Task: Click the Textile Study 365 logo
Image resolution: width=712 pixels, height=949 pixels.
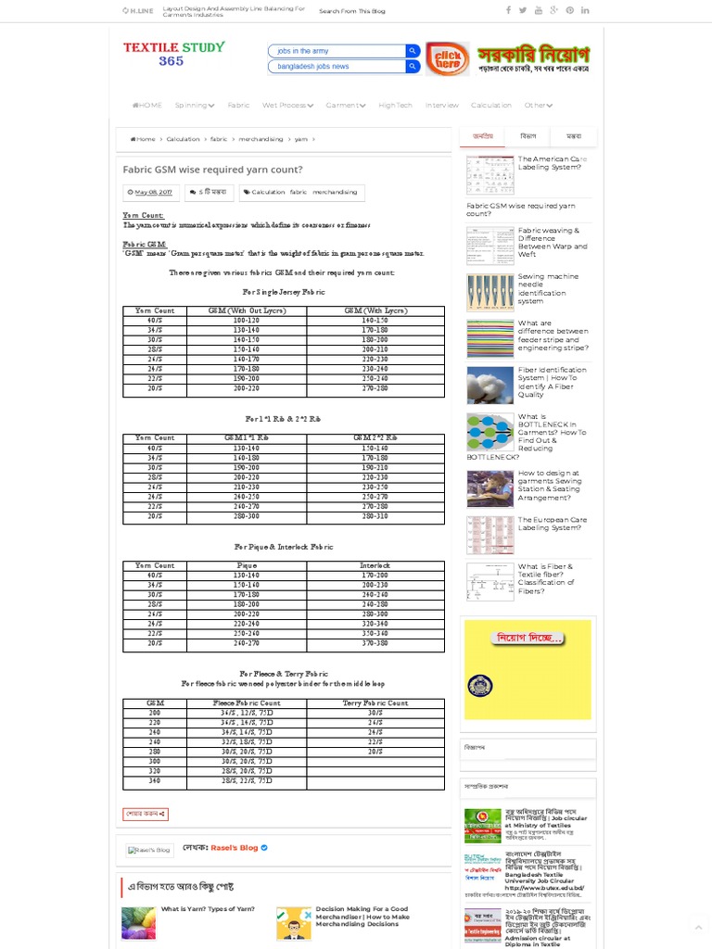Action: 173,54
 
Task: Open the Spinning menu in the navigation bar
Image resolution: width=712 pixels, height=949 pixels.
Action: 195,106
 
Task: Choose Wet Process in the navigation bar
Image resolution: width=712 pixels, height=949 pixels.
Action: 288,106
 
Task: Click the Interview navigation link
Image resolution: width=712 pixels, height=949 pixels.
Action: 441,106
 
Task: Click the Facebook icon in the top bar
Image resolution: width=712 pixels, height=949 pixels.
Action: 508,10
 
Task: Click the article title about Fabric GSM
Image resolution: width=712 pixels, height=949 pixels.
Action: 212,171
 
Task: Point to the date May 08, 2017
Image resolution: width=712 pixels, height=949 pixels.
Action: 153,192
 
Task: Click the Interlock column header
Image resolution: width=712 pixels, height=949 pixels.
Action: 375,565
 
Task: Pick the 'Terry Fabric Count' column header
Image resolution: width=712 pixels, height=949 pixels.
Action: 375,703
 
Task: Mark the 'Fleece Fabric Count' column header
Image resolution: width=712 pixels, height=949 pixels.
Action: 247,703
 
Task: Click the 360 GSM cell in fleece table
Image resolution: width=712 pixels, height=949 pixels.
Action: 155,781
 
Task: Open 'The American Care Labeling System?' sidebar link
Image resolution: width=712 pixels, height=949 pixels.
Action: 552,163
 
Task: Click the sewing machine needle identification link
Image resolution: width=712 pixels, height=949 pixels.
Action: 548,288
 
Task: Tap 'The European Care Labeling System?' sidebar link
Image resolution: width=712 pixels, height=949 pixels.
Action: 552,524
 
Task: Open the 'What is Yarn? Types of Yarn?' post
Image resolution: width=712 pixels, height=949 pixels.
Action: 208,909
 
